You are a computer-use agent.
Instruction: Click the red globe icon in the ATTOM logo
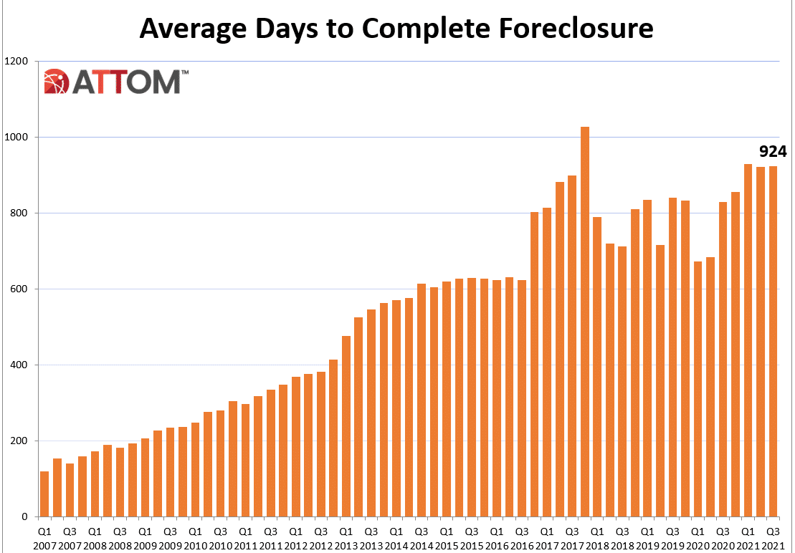(x=56, y=82)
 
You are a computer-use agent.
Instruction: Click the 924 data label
(x=773, y=151)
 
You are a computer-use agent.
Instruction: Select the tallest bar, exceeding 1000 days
(x=584, y=322)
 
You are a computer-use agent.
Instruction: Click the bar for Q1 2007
(x=44, y=494)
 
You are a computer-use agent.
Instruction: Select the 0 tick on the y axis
(x=24, y=517)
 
